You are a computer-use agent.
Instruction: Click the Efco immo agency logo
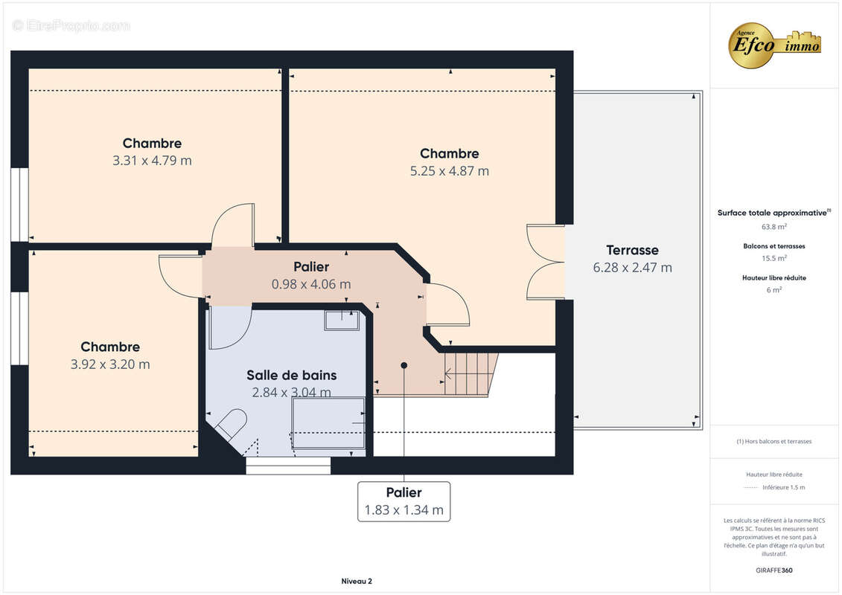click(x=774, y=45)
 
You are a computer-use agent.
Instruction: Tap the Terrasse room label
click(x=632, y=250)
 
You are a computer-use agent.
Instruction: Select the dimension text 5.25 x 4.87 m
click(x=450, y=171)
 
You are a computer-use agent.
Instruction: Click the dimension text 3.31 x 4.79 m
click(x=152, y=161)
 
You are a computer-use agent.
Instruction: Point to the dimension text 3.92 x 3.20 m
click(x=110, y=364)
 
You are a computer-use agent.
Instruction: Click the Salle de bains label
click(x=292, y=375)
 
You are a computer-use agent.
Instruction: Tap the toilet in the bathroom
click(x=231, y=425)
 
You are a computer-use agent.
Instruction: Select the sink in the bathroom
click(x=342, y=321)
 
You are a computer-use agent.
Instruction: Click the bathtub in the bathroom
click(x=328, y=422)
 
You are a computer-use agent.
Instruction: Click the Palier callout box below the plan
click(x=404, y=501)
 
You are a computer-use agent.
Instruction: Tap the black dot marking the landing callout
click(x=404, y=365)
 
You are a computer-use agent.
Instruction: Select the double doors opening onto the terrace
click(x=546, y=262)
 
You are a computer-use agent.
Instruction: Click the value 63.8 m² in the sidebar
click(x=774, y=227)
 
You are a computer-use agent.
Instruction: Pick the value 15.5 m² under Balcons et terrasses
click(x=774, y=258)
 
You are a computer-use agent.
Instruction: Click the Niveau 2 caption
click(x=357, y=581)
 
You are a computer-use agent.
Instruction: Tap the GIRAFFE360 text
click(x=774, y=570)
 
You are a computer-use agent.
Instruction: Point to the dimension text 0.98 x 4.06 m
click(x=311, y=284)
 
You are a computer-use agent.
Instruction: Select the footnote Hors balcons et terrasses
click(x=774, y=442)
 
